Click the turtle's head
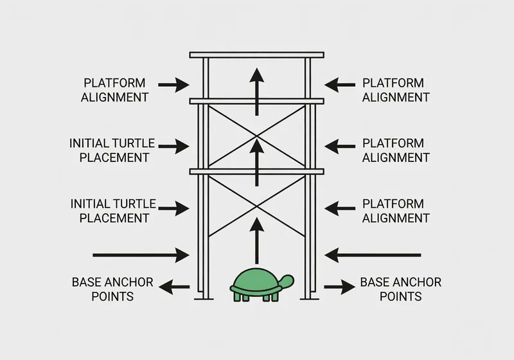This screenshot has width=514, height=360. pyautogui.click(x=287, y=280)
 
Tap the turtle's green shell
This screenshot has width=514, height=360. pyautogui.click(x=256, y=281)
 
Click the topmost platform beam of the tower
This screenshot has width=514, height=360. pyautogui.click(x=256, y=55)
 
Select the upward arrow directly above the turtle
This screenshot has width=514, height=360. pyautogui.click(x=256, y=241)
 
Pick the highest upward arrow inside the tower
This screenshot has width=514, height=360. pyautogui.click(x=256, y=91)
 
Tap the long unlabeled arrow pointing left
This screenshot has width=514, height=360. pyautogui.click(x=373, y=255)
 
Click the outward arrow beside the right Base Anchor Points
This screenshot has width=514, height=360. pyautogui.click(x=339, y=287)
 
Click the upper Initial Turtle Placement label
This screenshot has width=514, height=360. pyautogui.click(x=112, y=149)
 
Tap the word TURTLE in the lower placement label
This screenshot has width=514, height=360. pyautogui.click(x=136, y=204)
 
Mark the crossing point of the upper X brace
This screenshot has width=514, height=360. pyautogui.click(x=256, y=136)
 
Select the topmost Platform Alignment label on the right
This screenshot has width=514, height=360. pyautogui.click(x=395, y=90)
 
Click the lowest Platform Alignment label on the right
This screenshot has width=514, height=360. pyautogui.click(x=395, y=211)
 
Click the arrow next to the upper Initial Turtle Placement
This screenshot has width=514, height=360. pyautogui.click(x=173, y=147)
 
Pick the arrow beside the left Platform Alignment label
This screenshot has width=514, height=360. pyautogui.click(x=173, y=84)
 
